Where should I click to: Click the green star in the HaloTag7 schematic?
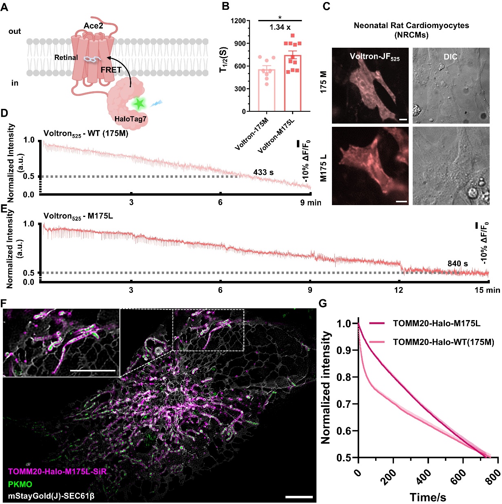[139, 104]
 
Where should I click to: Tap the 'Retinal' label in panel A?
[66, 57]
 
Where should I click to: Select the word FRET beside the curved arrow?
[111, 70]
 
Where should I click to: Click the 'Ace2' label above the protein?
[93, 26]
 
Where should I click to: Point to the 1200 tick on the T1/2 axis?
[238, 21]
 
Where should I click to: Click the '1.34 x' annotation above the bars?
[280, 27]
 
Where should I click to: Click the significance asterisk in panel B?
[280, 18]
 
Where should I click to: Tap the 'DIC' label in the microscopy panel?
[450, 57]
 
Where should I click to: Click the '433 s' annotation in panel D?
[263, 172]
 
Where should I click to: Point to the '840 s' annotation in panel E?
[458, 263]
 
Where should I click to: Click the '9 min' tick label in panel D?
[311, 203]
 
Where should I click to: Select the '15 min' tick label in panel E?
[488, 290]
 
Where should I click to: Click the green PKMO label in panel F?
[20, 484]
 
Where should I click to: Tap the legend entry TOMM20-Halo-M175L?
[436, 323]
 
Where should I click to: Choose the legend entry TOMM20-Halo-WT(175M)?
[443, 342]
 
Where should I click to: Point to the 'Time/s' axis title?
[427, 497]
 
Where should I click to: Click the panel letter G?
[323, 303]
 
